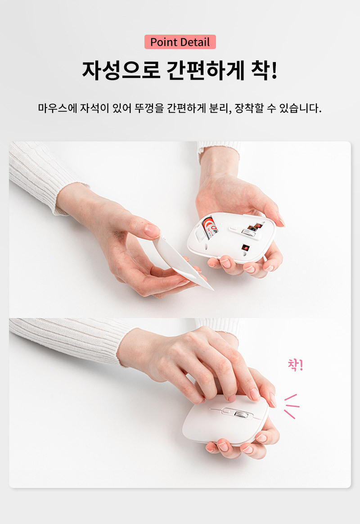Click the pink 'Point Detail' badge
(180, 42)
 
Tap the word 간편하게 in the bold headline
(205, 70)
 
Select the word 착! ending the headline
(264, 70)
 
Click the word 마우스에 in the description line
(57, 108)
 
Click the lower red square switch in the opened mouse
(245, 248)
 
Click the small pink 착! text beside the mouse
(296, 365)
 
